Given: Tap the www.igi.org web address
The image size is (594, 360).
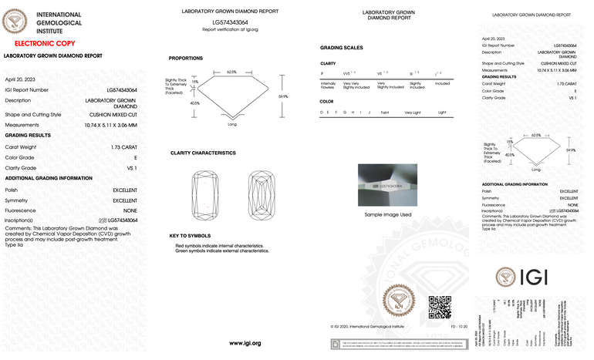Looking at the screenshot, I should (245, 342).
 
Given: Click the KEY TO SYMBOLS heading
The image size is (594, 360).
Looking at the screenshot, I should (189, 235).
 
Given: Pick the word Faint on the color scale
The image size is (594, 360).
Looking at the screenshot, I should (384, 113).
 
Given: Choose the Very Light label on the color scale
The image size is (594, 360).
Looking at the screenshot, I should (413, 113).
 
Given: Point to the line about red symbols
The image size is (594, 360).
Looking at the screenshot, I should (222, 245).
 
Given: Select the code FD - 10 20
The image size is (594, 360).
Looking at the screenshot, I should (459, 327).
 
